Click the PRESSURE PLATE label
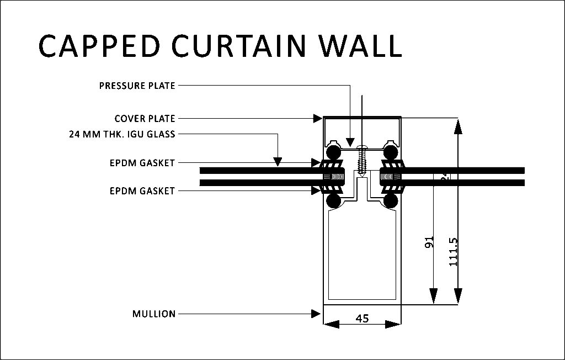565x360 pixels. tap(137, 86)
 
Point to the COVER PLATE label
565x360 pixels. tap(145, 118)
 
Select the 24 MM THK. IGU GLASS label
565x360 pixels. tap(122, 134)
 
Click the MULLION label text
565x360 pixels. tap(154, 314)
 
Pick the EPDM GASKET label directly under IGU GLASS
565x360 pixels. tap(142, 163)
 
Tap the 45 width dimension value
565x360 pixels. tap(363, 318)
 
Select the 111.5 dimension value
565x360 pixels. tap(454, 252)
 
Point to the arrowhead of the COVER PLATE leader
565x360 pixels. tap(318, 118)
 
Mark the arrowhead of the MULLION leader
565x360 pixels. tap(317, 314)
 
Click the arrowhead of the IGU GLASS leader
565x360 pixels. tap(278, 162)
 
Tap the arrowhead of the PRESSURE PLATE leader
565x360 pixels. tap(350, 141)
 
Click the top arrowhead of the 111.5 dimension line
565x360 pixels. tap(457, 125)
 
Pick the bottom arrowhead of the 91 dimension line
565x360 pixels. tap(434, 298)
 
